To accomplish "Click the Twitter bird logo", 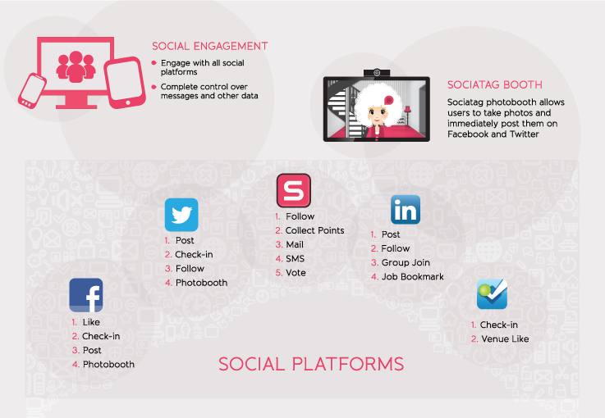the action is (x=181, y=215).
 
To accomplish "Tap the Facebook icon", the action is (x=86, y=295).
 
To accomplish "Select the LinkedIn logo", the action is (x=406, y=210).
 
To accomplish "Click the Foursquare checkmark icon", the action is (x=492, y=294).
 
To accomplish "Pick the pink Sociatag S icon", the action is (x=294, y=190).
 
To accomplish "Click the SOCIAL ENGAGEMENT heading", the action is (x=209, y=46).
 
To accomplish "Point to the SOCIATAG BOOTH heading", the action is (x=495, y=84).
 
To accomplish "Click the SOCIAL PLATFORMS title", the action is (x=311, y=364).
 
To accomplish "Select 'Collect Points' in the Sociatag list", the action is (x=314, y=230).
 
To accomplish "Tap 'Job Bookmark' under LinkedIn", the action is (x=412, y=276).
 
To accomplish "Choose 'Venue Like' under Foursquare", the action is (x=505, y=339).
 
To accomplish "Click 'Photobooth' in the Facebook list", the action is (x=108, y=364).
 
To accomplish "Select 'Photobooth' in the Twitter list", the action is (x=201, y=283).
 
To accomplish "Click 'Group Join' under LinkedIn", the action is (x=406, y=262).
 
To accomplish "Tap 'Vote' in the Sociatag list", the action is (x=296, y=273).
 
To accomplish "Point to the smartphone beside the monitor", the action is (x=32, y=91).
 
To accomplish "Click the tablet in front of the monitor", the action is (x=125, y=83).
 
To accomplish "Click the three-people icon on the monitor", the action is (x=76, y=66).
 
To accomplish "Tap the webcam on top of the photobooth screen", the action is (x=377, y=73).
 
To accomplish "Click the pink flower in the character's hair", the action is (x=388, y=101).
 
